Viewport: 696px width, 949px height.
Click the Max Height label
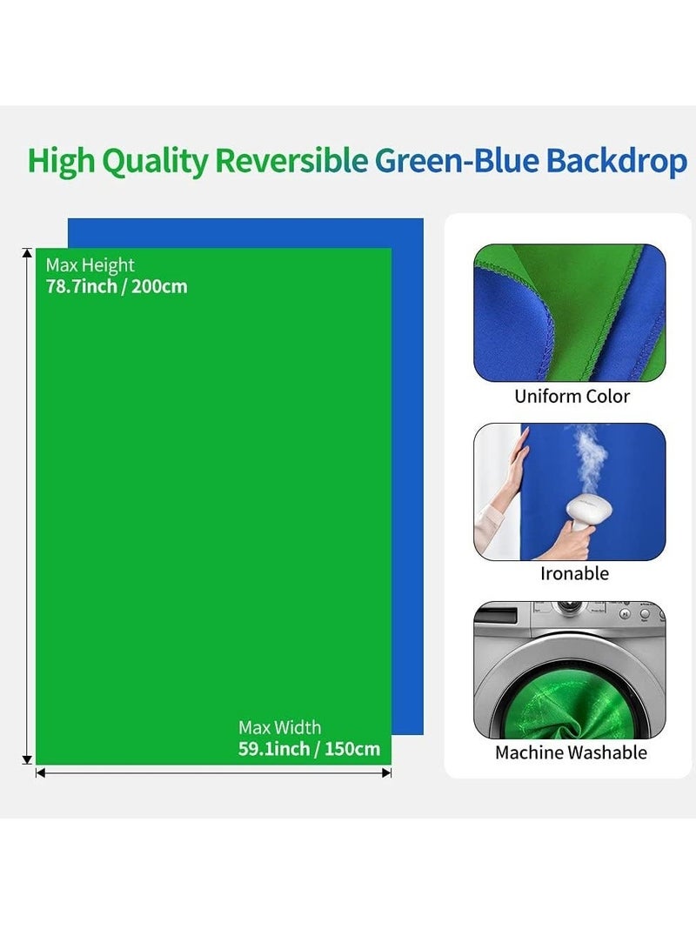tap(90, 265)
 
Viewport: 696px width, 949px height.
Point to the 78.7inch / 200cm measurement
tap(117, 286)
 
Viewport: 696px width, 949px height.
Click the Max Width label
tap(279, 727)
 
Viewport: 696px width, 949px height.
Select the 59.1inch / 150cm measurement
tap(309, 749)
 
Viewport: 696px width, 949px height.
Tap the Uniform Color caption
tap(572, 397)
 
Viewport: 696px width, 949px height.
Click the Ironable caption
tap(574, 573)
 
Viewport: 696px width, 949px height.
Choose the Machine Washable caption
tap(571, 752)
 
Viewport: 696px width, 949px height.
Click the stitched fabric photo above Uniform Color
tap(569, 312)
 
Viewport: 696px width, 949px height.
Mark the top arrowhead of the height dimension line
tap(27, 253)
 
